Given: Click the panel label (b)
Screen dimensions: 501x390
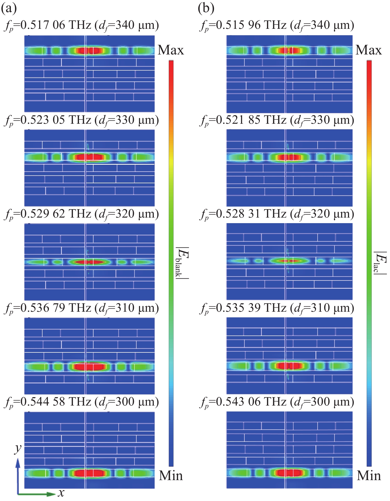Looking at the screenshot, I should coord(206,8).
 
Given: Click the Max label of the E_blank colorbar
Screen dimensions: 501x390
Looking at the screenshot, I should coord(171,50).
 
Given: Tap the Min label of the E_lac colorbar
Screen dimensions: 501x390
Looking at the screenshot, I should coord(369,476).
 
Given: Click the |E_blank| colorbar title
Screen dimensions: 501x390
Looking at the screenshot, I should coord(182,263).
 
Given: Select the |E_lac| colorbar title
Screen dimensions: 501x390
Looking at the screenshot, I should coord(380,263).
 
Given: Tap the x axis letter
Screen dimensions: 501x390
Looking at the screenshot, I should coord(61,493).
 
